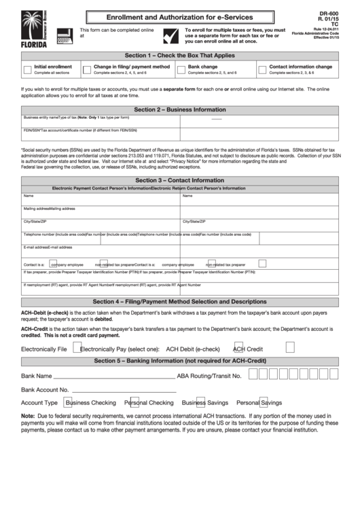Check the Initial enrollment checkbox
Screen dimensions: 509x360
coord(27,70)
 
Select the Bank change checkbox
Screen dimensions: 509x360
coord(181,70)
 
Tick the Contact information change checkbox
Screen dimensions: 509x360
coord(262,70)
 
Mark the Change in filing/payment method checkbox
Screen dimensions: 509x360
coord(87,70)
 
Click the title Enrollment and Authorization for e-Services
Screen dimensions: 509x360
coord(179,17)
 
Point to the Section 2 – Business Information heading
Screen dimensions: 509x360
coord(179,109)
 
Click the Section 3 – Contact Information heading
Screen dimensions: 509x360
coord(179,180)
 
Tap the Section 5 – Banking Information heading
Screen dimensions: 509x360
coord(179,360)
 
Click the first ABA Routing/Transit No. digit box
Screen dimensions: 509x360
coord(253,374)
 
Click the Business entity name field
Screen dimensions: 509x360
coord(100,122)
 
